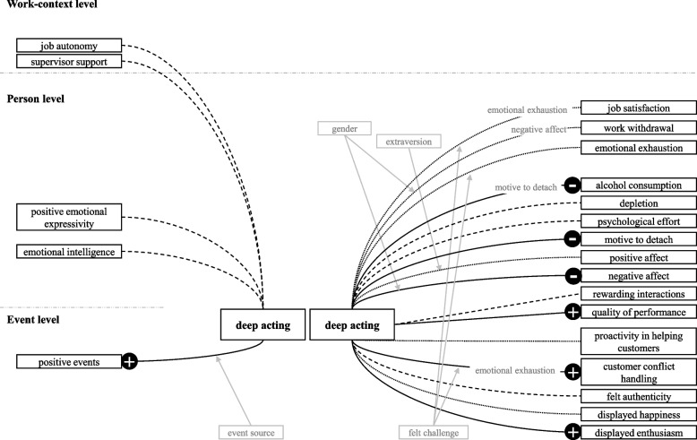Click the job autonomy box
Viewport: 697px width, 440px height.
(x=67, y=46)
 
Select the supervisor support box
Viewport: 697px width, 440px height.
(x=67, y=62)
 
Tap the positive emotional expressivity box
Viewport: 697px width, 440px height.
(x=67, y=217)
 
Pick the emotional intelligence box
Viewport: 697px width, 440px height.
(x=67, y=252)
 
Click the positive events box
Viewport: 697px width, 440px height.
(x=68, y=362)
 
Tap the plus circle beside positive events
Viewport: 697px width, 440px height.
(x=129, y=362)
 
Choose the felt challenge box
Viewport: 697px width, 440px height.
(x=433, y=432)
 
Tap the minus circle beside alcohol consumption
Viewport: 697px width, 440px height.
(x=572, y=185)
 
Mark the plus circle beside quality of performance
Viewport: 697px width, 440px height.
(x=572, y=312)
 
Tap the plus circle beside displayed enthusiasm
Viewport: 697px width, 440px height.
(x=572, y=432)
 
